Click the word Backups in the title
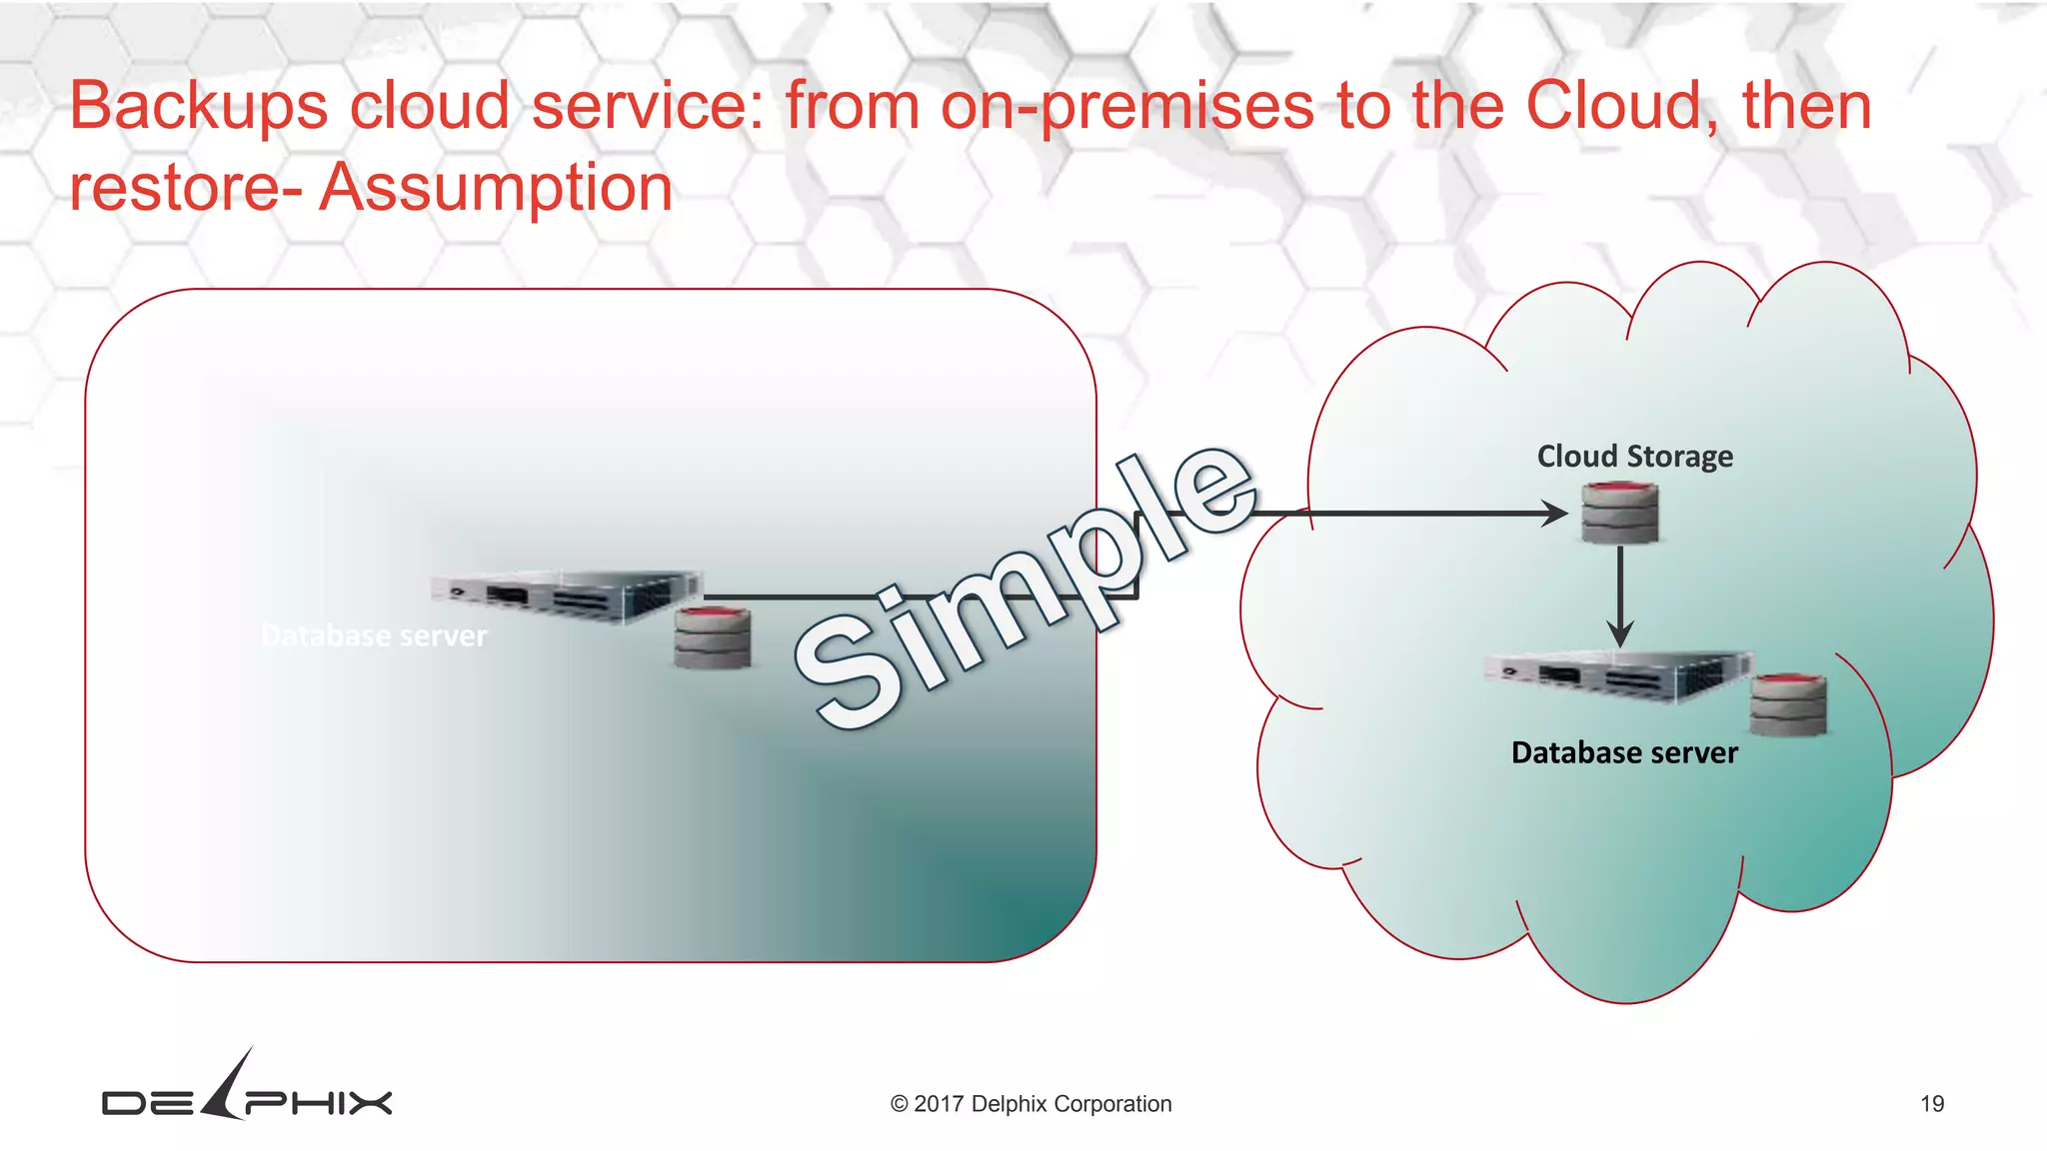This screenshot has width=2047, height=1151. pyautogui.click(x=198, y=106)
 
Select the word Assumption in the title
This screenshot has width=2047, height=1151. pyautogui.click(x=496, y=188)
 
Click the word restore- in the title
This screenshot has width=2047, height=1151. pyautogui.click(x=186, y=188)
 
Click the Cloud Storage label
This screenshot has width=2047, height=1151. pyautogui.click(x=1634, y=457)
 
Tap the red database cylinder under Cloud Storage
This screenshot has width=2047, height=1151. pyautogui.click(x=1619, y=514)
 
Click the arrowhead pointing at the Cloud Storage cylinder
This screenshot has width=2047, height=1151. pyautogui.click(x=1555, y=514)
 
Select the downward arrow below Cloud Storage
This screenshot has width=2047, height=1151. pyautogui.click(x=1620, y=599)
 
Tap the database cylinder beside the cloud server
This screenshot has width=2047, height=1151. pyautogui.click(x=1788, y=705)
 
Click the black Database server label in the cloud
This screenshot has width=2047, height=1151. pyautogui.click(x=1624, y=752)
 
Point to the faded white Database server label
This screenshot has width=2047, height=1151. pyautogui.click(x=374, y=635)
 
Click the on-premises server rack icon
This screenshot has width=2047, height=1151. pyautogui.click(x=567, y=596)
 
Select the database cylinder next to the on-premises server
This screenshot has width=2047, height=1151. pyautogui.click(x=712, y=637)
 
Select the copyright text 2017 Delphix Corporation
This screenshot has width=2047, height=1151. pyautogui.click(x=1030, y=1104)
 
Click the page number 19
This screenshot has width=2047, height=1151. pyautogui.click(x=1931, y=1104)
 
